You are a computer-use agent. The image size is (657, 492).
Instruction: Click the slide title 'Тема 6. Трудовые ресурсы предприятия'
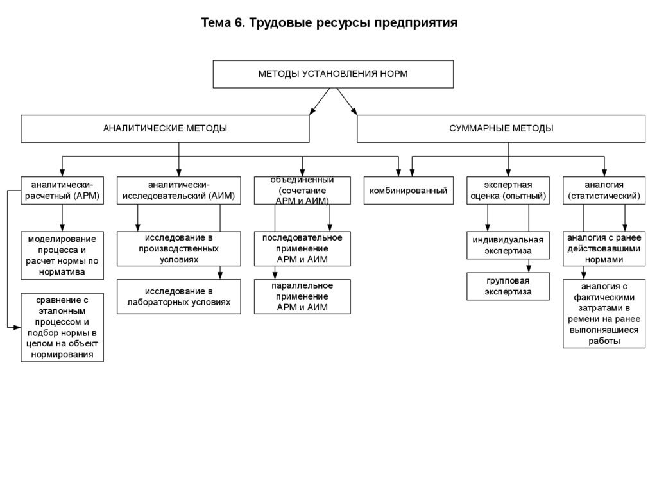click(329, 24)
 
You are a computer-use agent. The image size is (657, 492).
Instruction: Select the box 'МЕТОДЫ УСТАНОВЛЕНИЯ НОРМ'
click(333, 74)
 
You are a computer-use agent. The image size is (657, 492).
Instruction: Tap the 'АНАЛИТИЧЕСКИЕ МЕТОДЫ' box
click(165, 128)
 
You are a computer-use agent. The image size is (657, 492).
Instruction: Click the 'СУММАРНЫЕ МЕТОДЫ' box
click(501, 128)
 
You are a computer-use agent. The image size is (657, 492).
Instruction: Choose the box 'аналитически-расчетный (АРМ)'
click(62, 191)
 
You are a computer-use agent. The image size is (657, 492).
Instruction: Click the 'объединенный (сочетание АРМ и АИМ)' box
click(302, 191)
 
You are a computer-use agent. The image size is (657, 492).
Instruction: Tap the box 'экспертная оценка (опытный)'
click(508, 191)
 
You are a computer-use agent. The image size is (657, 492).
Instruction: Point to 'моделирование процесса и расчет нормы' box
click(62, 255)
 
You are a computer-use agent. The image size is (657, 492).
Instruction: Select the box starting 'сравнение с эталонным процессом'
click(62, 327)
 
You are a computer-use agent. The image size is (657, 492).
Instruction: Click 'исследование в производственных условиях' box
click(179, 248)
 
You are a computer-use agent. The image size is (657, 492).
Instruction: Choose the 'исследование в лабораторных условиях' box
click(179, 296)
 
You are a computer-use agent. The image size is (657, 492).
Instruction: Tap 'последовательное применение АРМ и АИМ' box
click(302, 248)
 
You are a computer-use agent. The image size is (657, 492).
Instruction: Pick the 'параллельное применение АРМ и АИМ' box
click(302, 296)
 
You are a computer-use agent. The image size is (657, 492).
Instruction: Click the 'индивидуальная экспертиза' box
click(508, 245)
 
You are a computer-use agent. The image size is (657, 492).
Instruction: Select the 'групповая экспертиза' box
click(508, 286)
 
